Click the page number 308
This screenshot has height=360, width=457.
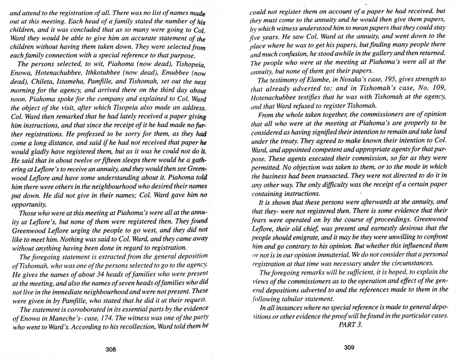click(111, 350)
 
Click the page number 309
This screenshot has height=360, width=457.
click(349, 348)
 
